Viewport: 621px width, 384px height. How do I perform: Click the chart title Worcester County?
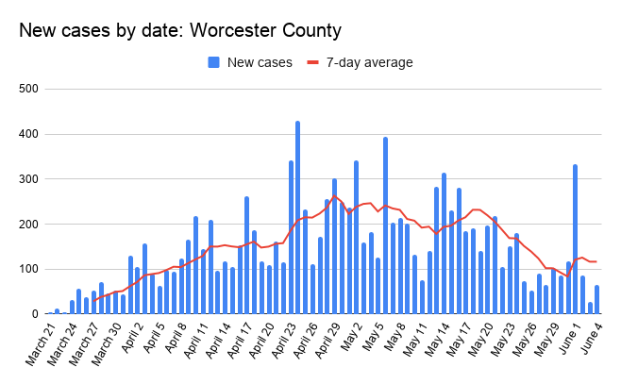point(180,30)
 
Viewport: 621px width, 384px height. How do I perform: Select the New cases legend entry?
point(249,62)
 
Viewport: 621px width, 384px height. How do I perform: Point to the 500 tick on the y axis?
point(28,89)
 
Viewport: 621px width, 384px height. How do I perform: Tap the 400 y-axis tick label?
point(28,134)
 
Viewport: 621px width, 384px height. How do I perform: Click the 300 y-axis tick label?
point(28,179)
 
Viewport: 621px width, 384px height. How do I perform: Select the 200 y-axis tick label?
point(28,224)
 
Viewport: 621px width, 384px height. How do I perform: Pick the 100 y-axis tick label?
point(28,269)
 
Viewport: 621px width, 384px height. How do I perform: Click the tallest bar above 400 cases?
point(297,217)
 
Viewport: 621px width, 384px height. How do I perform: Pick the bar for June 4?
point(597,300)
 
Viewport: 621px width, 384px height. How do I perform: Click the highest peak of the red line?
point(334,196)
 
